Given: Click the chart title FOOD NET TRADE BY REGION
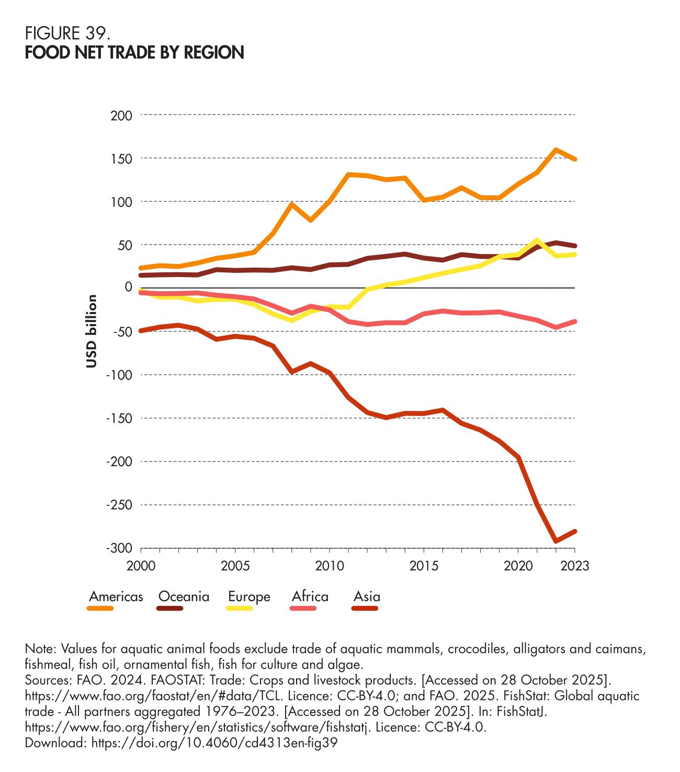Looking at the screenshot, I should [x=134, y=53].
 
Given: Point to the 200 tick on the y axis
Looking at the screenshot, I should [x=121, y=115].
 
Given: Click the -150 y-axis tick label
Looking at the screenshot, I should [x=119, y=418].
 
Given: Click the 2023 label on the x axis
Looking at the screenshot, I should [x=574, y=566].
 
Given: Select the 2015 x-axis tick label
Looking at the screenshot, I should [x=424, y=566].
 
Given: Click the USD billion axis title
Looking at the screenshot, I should [x=92, y=331].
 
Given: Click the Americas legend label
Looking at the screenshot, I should [x=116, y=596].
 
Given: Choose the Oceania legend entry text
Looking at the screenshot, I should [x=184, y=596].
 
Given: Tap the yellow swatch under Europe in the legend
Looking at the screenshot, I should [x=240, y=608].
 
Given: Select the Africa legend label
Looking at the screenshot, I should [x=310, y=596].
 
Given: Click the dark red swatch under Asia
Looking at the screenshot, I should [x=365, y=608].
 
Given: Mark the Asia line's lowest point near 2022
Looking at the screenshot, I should [x=556, y=541].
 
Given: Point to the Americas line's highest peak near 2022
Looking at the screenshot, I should [x=556, y=149].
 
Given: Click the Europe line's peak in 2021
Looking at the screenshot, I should [x=537, y=240].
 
